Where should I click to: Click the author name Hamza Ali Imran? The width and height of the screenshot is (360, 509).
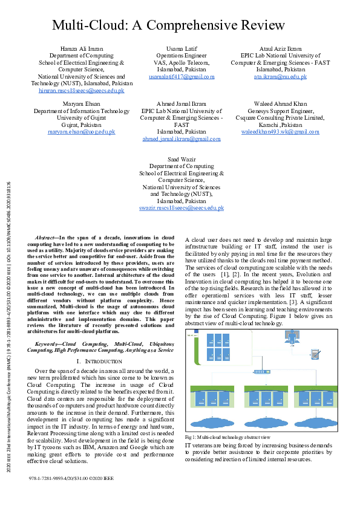pyautogui.click(x=82, y=48)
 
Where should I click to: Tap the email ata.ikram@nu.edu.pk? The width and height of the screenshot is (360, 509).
pyautogui.click(x=280, y=77)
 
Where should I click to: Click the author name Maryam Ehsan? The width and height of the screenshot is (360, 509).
pyautogui.click(x=82, y=104)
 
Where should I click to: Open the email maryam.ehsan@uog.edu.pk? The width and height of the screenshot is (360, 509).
pyautogui.click(x=82, y=131)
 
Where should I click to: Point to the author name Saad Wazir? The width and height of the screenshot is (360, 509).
pyautogui.click(x=182, y=159)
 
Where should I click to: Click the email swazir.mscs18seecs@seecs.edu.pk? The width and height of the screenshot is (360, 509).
pyautogui.click(x=182, y=208)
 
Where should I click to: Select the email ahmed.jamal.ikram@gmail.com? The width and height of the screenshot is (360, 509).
pyautogui.click(x=182, y=138)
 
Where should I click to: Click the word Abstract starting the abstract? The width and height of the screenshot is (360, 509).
pyautogui.click(x=46, y=239)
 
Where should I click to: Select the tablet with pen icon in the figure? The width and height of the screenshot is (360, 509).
pyautogui.click(x=315, y=354)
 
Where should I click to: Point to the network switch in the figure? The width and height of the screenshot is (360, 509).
pyautogui.click(x=263, y=371)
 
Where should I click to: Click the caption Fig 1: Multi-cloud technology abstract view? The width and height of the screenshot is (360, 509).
pyautogui.click(x=227, y=437)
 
